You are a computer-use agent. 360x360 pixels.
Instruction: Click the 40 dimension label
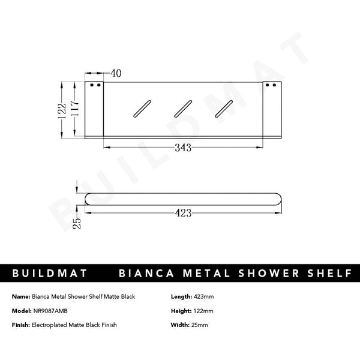(x=116, y=73)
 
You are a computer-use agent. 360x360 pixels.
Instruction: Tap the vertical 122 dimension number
(x=62, y=110)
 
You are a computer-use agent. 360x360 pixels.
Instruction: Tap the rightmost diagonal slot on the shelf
(x=224, y=109)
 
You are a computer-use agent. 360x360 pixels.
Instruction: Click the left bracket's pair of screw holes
(x=95, y=86)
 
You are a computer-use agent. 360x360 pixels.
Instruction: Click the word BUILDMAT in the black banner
(x=50, y=274)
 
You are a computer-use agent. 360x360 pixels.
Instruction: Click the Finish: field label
(x=21, y=325)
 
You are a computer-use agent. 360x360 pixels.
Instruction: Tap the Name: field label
(x=20, y=297)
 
